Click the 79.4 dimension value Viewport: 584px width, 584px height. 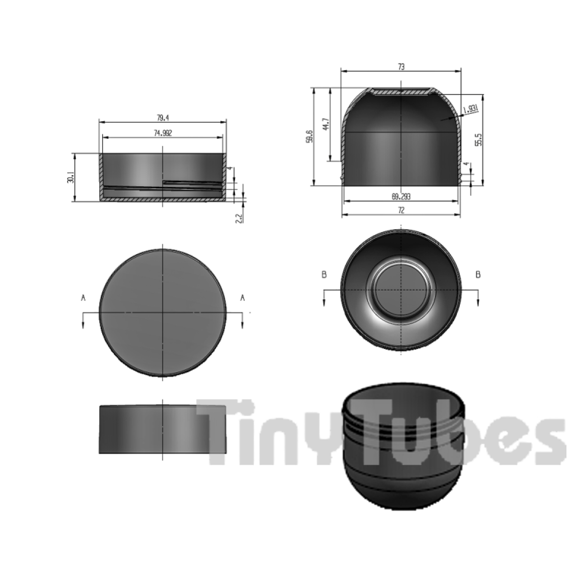click(x=163, y=117)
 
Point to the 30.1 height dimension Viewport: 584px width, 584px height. click(x=71, y=178)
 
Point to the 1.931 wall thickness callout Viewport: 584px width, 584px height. click(x=471, y=109)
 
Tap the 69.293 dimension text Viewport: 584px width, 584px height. click(x=401, y=197)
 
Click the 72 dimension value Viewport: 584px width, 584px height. click(x=401, y=210)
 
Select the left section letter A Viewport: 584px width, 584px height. click(x=83, y=298)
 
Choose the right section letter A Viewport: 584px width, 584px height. click(x=242, y=298)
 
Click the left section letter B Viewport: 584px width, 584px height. click(x=324, y=275)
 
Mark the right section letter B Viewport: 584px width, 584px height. click(x=478, y=275)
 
